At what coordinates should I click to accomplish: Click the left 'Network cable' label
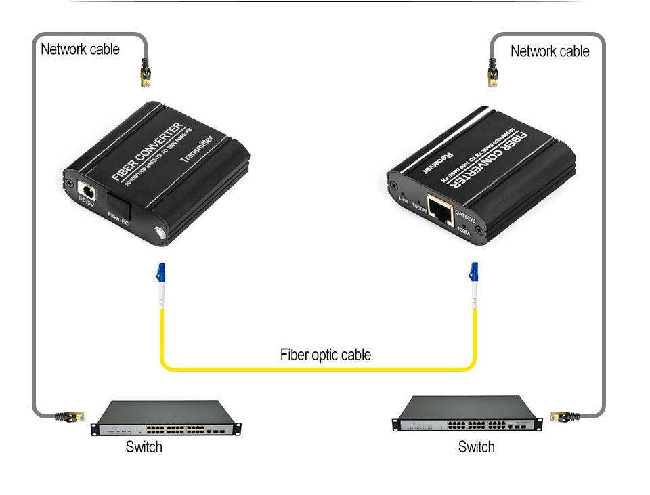[x=80, y=49]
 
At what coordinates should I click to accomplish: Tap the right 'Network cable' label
[x=550, y=51]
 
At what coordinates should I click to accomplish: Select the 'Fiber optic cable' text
[x=326, y=355]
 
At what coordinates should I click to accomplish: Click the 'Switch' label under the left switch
[x=144, y=446]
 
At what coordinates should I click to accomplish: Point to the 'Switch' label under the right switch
[x=476, y=447]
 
